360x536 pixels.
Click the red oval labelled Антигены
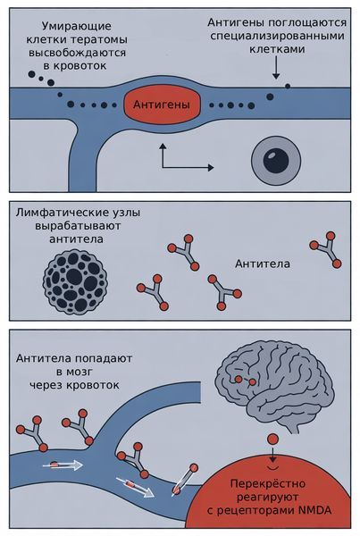pos(161,105)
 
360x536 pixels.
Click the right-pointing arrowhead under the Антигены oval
pos(211,168)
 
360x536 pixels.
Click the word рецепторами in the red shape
pos(268,509)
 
